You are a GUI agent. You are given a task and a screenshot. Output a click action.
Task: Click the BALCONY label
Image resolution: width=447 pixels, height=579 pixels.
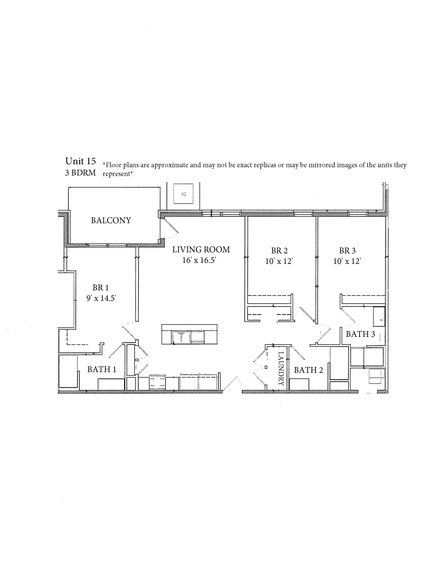(111, 220)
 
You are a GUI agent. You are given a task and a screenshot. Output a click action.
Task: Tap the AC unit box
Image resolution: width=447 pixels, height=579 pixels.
(183, 194)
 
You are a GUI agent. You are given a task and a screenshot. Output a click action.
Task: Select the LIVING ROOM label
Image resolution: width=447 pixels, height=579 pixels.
(201, 249)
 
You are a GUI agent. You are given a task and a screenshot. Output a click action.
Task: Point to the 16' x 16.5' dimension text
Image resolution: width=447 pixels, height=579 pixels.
(200, 260)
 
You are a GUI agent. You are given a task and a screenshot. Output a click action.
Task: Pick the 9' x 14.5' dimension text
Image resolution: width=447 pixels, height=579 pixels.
(101, 298)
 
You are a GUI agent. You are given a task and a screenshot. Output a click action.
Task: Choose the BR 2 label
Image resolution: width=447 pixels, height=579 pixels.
(279, 251)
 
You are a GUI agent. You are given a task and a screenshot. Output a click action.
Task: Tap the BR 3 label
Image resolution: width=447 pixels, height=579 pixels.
(347, 251)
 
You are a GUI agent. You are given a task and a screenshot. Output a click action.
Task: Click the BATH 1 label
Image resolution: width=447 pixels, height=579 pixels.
(102, 369)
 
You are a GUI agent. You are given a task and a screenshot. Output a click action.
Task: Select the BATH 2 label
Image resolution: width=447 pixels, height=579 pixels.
(308, 370)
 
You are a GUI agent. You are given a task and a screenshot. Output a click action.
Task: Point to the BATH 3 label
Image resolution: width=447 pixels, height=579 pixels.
(360, 334)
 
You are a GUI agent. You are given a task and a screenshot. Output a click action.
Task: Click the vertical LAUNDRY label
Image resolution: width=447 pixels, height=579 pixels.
(281, 368)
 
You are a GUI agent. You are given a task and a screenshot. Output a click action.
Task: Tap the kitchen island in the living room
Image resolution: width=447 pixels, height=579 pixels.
(189, 334)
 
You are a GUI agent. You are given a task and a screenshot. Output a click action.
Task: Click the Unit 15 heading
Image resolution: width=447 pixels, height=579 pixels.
(80, 161)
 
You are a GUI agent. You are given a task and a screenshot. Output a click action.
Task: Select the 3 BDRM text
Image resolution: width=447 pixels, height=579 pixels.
(80, 173)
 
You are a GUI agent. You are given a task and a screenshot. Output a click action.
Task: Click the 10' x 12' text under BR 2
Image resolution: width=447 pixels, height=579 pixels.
(279, 261)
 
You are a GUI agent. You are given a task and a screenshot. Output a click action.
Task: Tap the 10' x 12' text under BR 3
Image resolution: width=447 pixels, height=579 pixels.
(347, 261)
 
